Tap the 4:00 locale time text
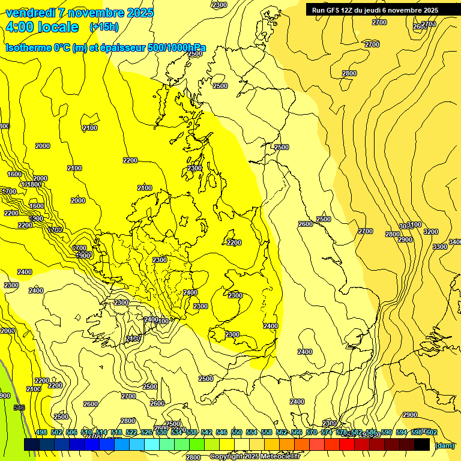click(42, 27)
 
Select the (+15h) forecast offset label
click(104, 27)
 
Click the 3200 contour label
click(431, 232)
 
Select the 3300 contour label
click(439, 247)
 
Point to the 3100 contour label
click(414, 225)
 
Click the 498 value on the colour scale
click(41, 433)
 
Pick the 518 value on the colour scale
click(117, 433)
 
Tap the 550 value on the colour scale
click(236, 433)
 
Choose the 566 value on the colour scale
click(297, 433)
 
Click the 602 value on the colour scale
click(432, 433)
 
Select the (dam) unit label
click(444, 446)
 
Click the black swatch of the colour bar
click(422, 444)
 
